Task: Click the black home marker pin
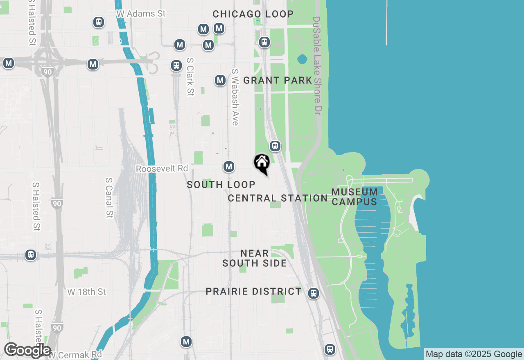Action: pos(262,163)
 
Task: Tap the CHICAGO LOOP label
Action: pos(253,14)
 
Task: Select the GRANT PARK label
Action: pos(278,80)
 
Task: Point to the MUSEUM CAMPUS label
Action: pos(355,197)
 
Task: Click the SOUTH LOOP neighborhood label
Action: pos(221,184)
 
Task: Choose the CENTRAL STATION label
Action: pos(278,198)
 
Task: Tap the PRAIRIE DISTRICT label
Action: pos(253,291)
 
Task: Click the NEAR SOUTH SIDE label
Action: pos(255,258)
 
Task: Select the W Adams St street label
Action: pos(141,13)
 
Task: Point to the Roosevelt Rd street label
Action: pos(162,169)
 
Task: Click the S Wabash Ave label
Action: pos(235,97)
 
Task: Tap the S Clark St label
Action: pos(190,76)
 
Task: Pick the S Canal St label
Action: pos(109,198)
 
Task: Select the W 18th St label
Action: pos(86,292)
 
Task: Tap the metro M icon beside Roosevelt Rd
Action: pos(229,166)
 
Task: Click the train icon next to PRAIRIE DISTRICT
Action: pos(314,293)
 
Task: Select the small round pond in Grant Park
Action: pos(302,59)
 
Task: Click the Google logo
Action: pos(27,350)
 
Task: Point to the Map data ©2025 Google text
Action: pos(474,354)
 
